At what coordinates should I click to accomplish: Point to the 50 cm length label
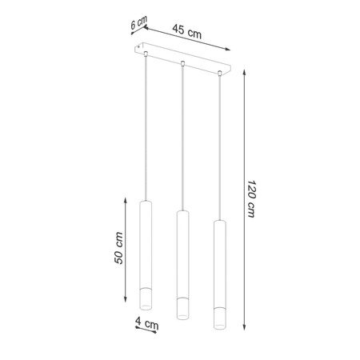tap(118, 247)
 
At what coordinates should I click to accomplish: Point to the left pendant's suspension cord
tap(145, 128)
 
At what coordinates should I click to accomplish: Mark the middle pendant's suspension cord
tap(182, 136)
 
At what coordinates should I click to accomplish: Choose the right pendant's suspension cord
tap(219, 144)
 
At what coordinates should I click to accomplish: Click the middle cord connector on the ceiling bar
tap(183, 63)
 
